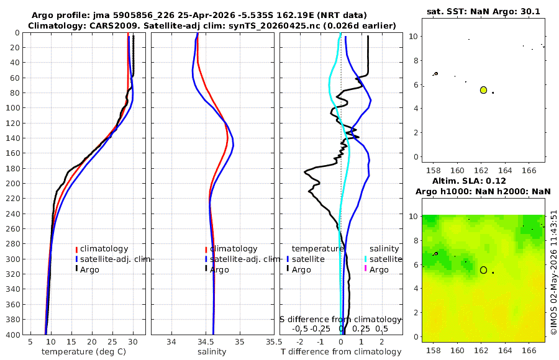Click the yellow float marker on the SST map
point(483,90)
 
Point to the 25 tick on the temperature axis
point(112,342)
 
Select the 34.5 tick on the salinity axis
point(206,342)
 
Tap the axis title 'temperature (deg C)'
point(84,352)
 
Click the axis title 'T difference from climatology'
point(341,352)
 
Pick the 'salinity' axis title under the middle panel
point(212,352)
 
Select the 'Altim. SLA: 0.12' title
point(469,181)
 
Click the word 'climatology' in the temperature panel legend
point(104,249)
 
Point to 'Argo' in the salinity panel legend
point(219,270)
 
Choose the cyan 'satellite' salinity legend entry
point(386,259)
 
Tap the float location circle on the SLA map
point(483,270)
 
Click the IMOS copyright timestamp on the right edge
point(553,272)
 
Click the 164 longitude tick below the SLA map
point(505,350)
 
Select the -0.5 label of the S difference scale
point(300,328)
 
